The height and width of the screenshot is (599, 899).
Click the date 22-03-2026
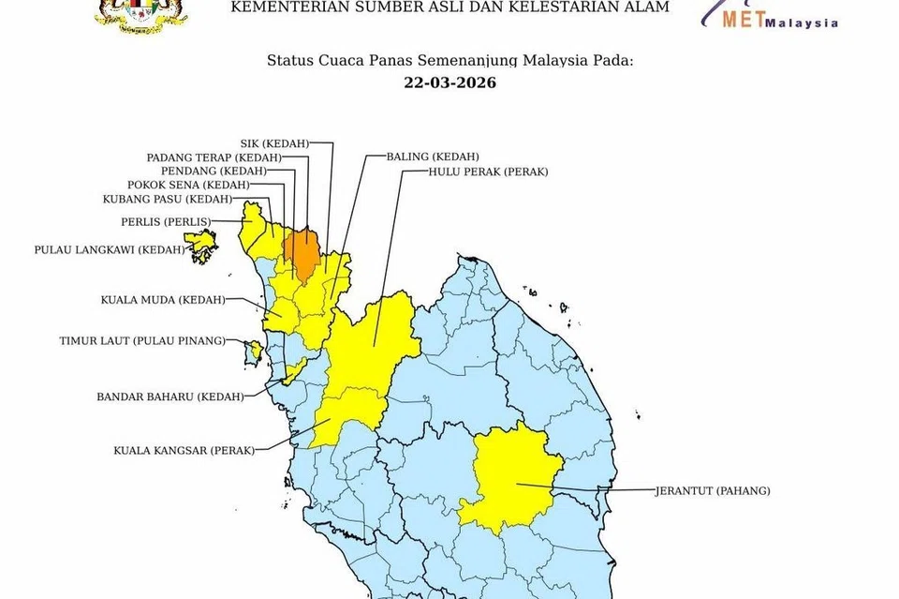[x=449, y=82]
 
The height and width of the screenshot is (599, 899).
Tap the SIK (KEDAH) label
[x=274, y=142]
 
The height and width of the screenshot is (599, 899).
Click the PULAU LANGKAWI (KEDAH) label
[x=109, y=250]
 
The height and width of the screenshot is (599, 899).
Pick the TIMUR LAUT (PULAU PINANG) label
[x=141, y=340]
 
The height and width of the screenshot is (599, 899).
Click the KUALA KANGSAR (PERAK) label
[x=184, y=450]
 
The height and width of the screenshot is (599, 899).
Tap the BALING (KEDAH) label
[x=433, y=156]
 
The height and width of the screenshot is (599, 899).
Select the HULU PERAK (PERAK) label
[x=488, y=172]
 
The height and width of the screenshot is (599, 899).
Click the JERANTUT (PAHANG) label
[x=713, y=490]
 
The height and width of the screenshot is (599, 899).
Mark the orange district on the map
[x=302, y=250]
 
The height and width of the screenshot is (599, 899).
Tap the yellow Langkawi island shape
[x=202, y=246]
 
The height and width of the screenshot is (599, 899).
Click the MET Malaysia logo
[x=777, y=16]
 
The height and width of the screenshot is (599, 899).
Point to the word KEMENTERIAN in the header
[x=280, y=7]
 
